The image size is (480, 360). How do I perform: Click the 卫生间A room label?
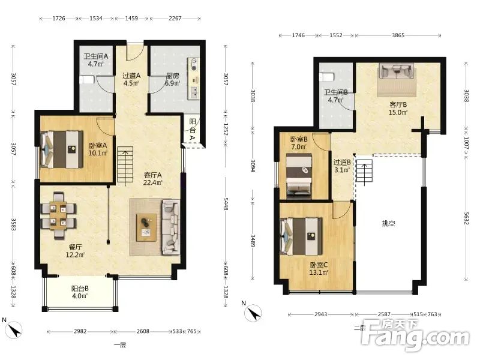[96, 56]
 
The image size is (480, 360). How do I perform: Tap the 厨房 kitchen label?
[172, 76]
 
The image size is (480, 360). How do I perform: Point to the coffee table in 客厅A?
[146, 227]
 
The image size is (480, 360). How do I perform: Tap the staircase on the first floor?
[125, 166]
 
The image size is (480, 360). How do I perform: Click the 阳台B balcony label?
[80, 289]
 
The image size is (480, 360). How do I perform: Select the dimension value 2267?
[175, 19]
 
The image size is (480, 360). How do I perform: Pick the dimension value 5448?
[226, 204]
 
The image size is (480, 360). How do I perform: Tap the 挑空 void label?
[388, 223]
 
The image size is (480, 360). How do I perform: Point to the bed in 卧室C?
[302, 236]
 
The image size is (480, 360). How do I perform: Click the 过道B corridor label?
[342, 162]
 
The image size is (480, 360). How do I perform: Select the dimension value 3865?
[398, 35]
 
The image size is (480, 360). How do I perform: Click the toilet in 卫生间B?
[326, 77]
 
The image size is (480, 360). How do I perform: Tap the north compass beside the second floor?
[253, 313]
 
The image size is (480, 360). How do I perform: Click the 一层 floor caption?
[120, 345]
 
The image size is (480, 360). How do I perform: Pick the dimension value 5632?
[466, 218]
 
